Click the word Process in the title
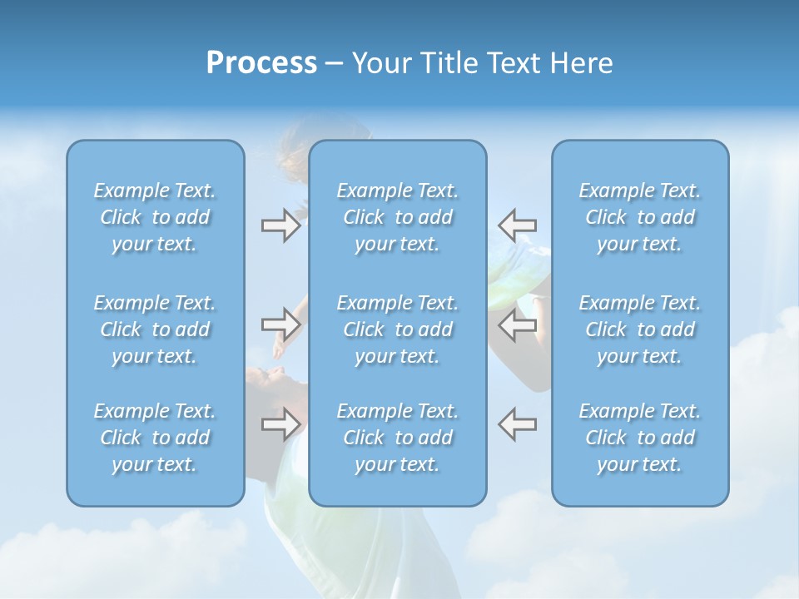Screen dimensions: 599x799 pyautogui.click(x=261, y=63)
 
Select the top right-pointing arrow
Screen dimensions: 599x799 pyautogui.click(x=280, y=225)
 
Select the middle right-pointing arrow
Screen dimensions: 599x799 pyautogui.click(x=280, y=324)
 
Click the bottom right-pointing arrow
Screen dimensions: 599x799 pyautogui.click(x=280, y=423)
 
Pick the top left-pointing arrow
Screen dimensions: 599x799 pyautogui.click(x=518, y=225)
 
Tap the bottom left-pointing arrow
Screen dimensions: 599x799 pyautogui.click(x=518, y=423)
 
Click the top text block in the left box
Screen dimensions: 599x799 pyautogui.click(x=155, y=217)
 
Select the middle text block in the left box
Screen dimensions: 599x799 pyautogui.click(x=155, y=329)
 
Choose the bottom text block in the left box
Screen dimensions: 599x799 pyautogui.click(x=155, y=438)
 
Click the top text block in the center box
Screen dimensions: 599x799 pyautogui.click(x=398, y=217)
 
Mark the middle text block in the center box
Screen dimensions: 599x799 pyautogui.click(x=398, y=329)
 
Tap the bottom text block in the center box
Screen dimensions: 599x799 pyautogui.click(x=398, y=438)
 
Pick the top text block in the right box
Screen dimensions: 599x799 pyautogui.click(x=640, y=217)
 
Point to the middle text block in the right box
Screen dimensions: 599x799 pyautogui.click(x=640, y=329)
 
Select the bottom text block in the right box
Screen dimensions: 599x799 pyautogui.click(x=640, y=438)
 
